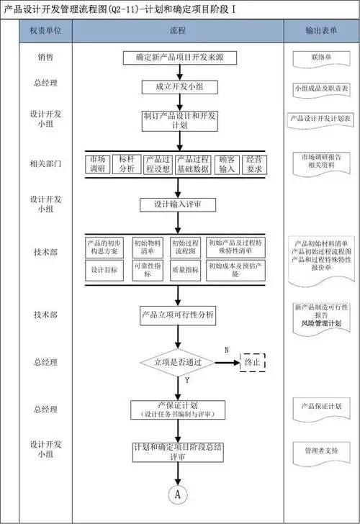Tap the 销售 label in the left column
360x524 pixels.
click(45, 56)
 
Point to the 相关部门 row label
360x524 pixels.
click(45, 163)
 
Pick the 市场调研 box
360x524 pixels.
click(98, 163)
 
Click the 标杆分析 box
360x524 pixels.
click(127, 163)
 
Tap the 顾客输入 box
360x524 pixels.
click(227, 163)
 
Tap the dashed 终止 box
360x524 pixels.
click(252, 362)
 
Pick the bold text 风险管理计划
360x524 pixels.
click(321, 325)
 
